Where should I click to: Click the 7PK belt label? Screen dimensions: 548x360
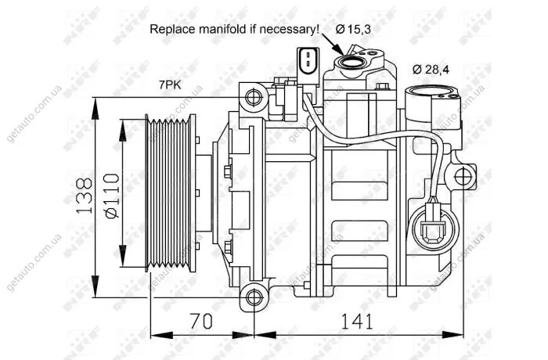170,85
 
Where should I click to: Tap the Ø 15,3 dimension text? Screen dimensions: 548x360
353,29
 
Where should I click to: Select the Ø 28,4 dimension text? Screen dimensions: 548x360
431,70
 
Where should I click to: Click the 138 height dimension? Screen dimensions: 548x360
85,196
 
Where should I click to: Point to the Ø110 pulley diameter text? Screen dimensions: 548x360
113,196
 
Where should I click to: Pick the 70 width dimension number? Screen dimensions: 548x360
201,321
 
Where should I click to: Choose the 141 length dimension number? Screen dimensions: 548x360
357,321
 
